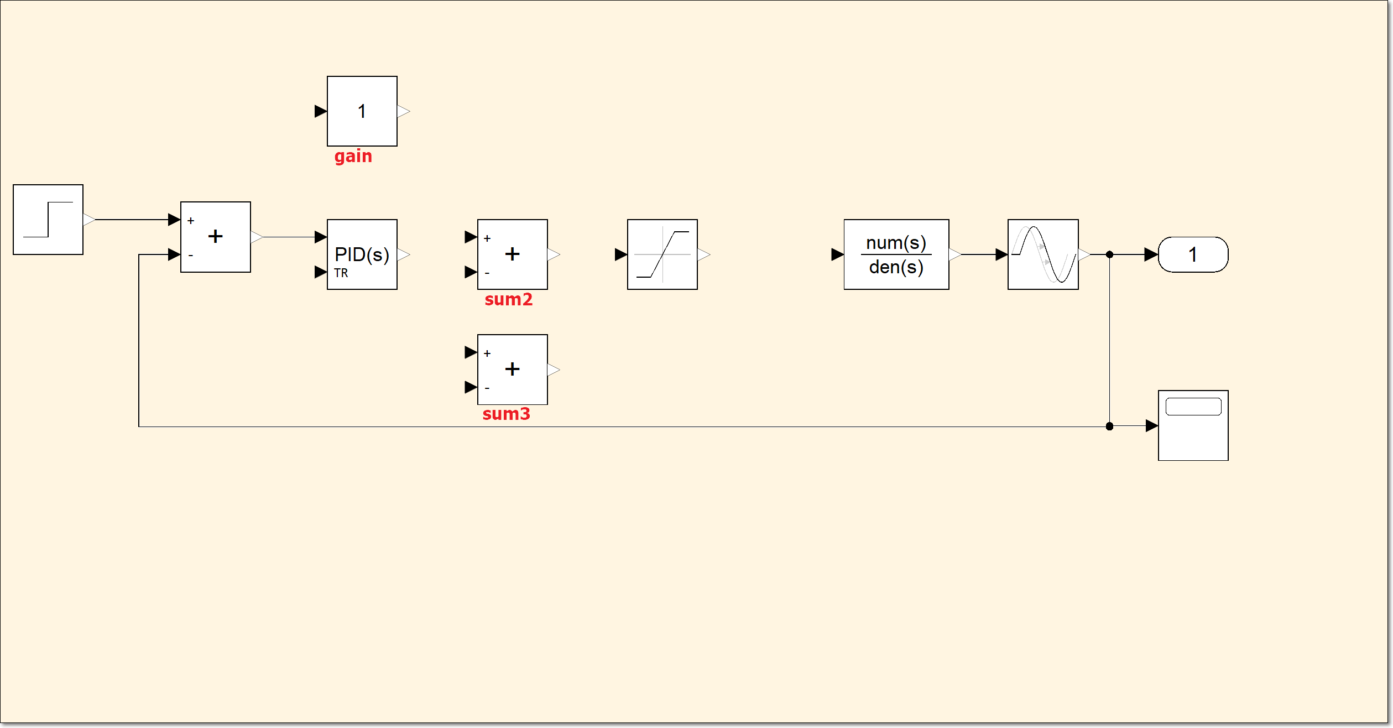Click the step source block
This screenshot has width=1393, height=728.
48,220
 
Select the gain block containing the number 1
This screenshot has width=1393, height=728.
362,111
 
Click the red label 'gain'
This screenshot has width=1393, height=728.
353,157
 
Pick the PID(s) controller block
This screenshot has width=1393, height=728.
362,254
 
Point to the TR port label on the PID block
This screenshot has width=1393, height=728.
341,273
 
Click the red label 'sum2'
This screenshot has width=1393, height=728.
508,299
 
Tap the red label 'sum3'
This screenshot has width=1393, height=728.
506,414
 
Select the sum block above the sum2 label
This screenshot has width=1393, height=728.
513,254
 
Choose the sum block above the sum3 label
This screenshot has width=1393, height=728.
513,369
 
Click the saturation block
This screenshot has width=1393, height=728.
662,254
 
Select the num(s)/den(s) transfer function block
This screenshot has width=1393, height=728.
896,254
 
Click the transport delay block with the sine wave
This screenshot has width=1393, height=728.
1043,254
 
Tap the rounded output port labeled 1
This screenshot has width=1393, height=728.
1193,254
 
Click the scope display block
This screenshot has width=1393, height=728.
1193,425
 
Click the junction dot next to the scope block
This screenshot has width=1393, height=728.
1109,426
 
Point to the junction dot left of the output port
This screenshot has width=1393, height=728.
1109,254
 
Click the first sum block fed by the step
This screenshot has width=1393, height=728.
216,237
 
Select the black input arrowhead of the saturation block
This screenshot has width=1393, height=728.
620,254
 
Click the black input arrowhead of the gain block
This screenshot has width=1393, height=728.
320,111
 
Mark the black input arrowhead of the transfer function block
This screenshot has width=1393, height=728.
837,254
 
